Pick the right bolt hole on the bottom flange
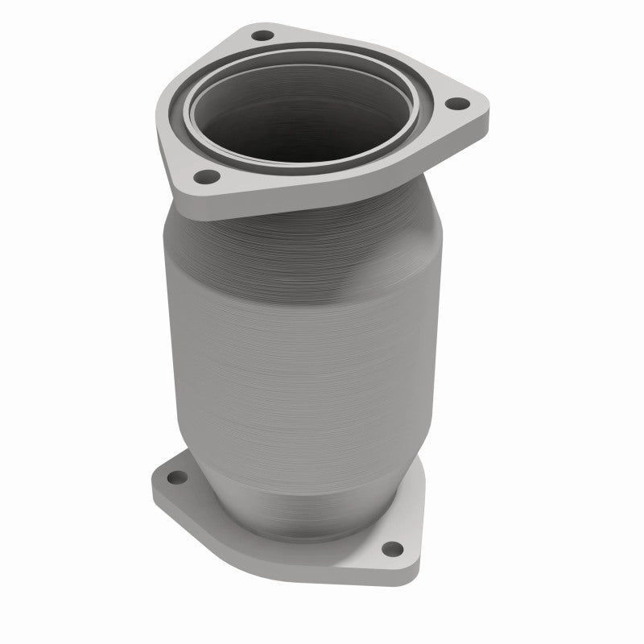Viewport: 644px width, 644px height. point(391,549)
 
